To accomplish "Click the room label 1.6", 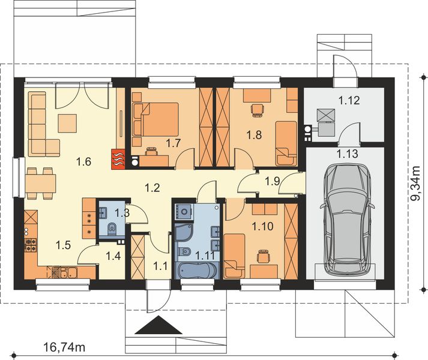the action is coord(83,162).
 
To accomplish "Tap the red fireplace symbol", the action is coord(118,159).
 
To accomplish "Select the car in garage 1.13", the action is coord(346,220).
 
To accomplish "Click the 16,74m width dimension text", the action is coord(64,347).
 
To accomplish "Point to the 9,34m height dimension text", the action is coord(417,183).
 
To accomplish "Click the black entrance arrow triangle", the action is coord(158,325).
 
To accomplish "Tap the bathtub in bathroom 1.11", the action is coord(197,270).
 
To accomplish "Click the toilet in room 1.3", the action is coord(112,229).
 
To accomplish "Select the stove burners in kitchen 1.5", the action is coord(31,245).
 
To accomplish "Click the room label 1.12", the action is coord(349,100).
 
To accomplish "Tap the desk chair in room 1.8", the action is coord(258,110).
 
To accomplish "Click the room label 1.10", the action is coord(262,226).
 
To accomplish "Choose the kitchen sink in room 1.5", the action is coord(68,272).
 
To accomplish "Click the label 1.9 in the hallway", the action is coord(272,181).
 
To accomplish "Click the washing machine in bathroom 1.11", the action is coord(184,211).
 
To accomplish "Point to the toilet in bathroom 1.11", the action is coord(184,251).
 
